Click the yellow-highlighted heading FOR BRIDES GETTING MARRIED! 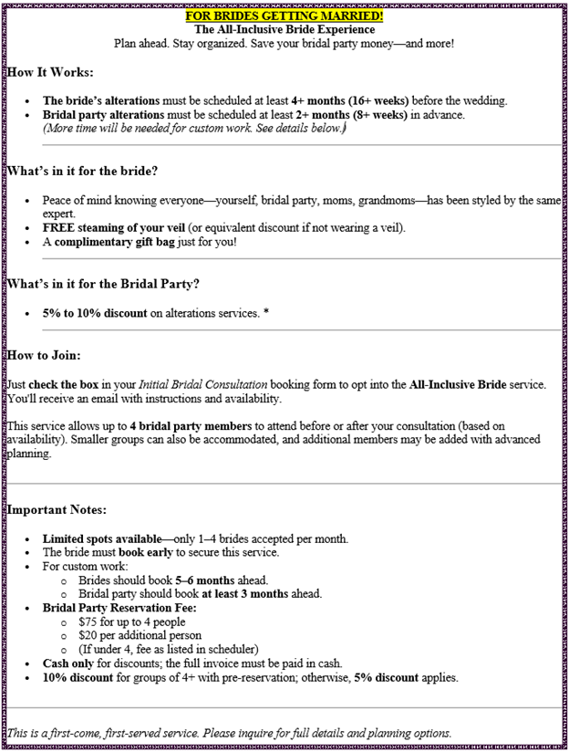coord(284,16)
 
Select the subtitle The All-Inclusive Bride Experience coord(284,29)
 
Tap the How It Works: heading coord(50,71)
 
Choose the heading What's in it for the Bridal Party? coord(102,284)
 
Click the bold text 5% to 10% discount coord(95,313)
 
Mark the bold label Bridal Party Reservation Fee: coord(119,608)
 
